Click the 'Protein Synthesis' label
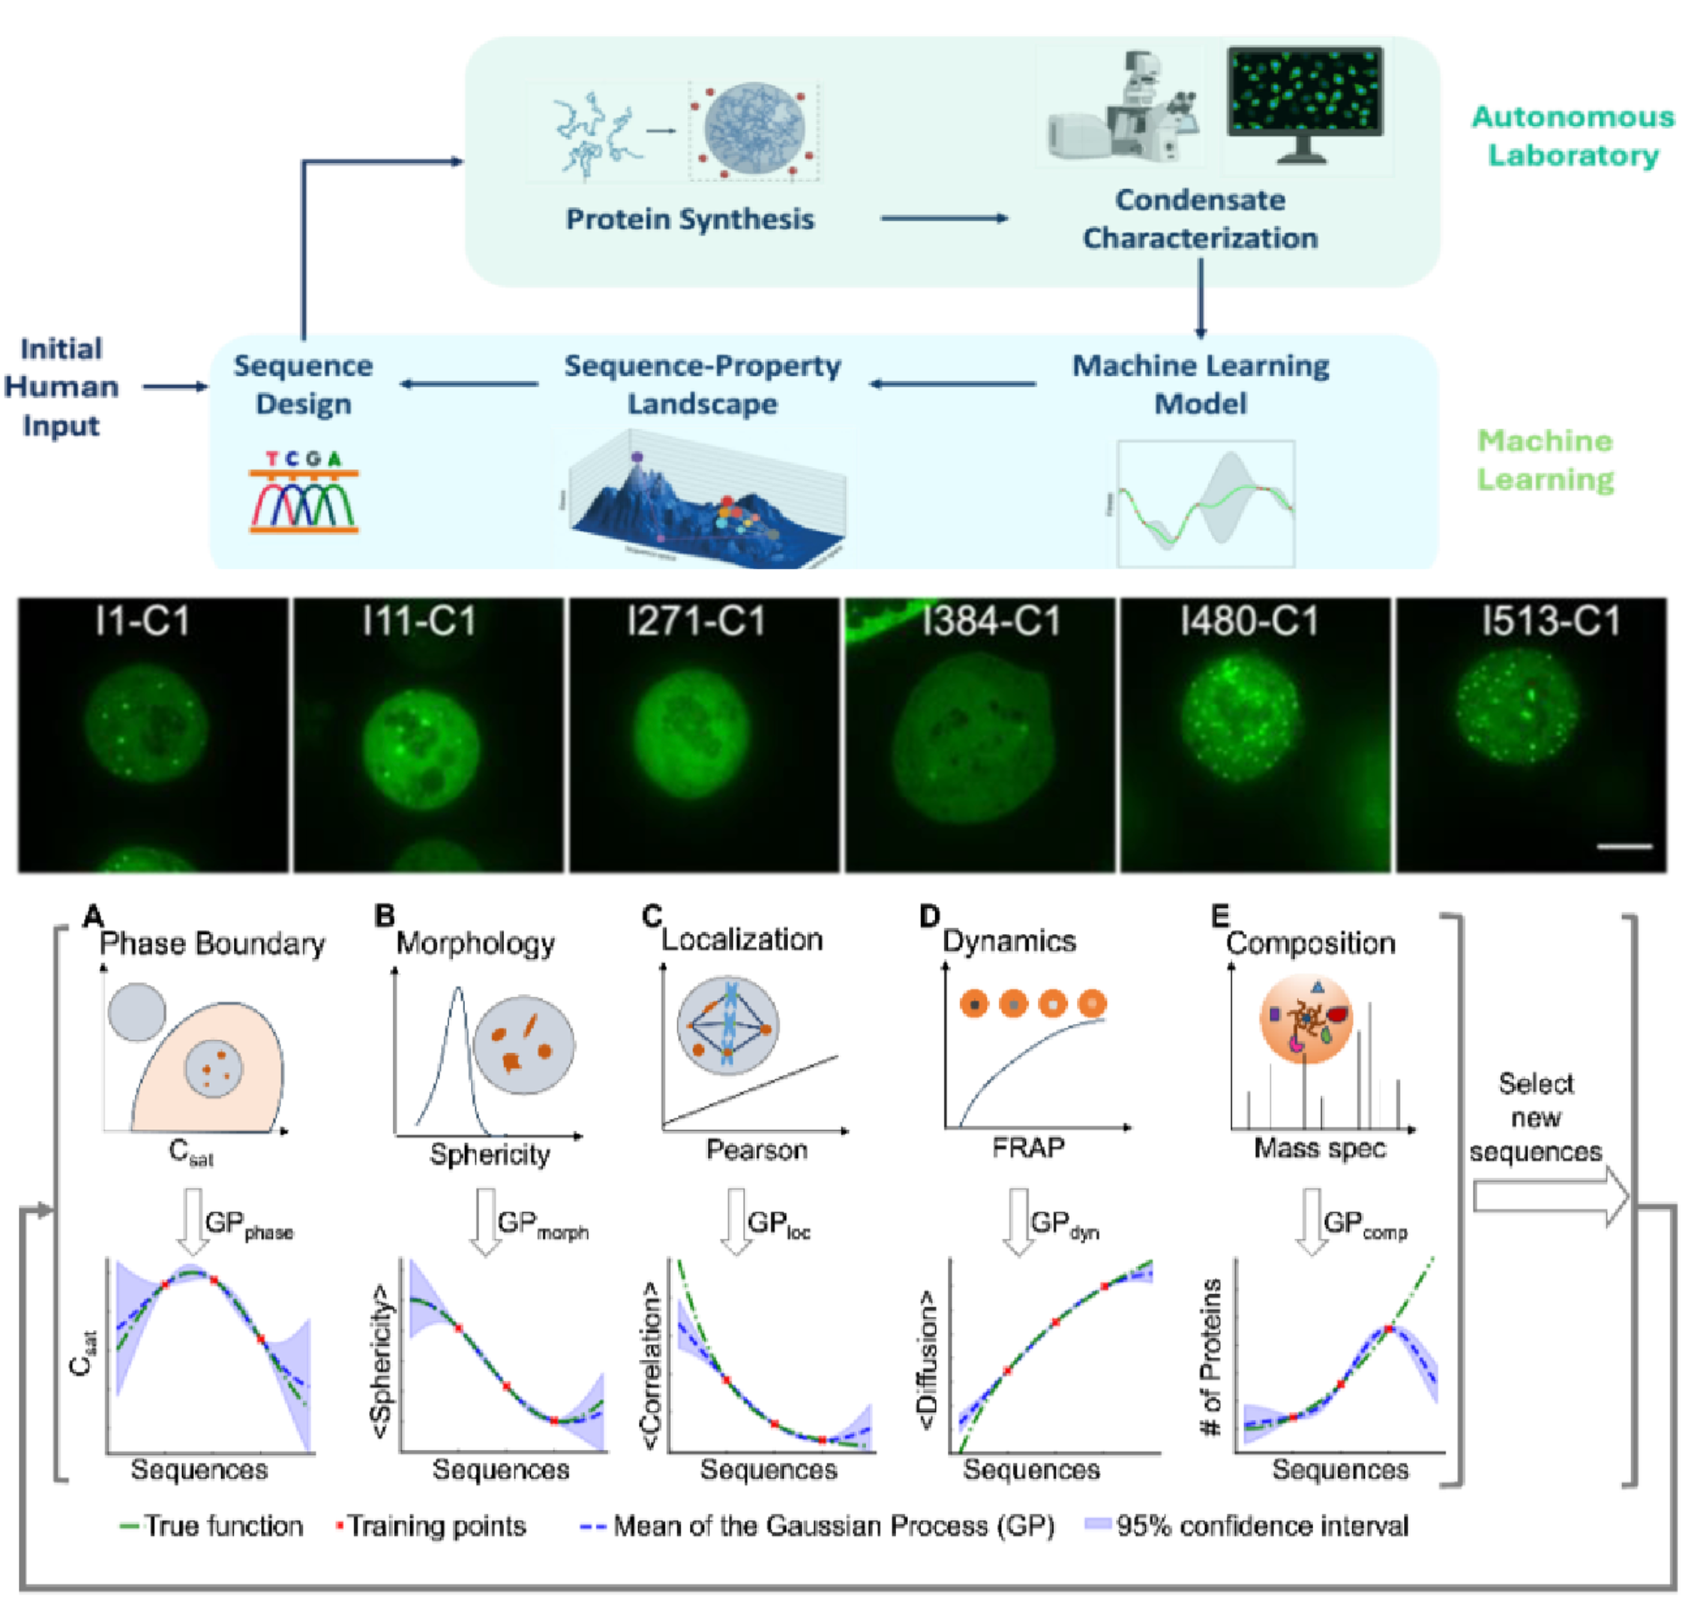coord(689,220)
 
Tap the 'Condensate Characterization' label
coord(1200,219)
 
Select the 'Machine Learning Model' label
coord(1201,384)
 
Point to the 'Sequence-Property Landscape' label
coord(703,384)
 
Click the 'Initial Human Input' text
coord(61,387)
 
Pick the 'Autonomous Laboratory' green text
coord(1573,136)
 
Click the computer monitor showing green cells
coord(1304,103)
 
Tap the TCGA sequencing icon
coord(304,492)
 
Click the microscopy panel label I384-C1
coord(991,622)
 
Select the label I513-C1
coord(1550,622)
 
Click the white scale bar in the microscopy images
coord(1624,847)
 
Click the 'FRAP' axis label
coord(1028,1148)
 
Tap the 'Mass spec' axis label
coord(1320,1148)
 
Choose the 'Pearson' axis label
coord(757,1149)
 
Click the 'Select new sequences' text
coord(1536,1118)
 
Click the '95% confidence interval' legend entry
coord(1261,1526)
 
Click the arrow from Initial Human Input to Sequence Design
coord(175,387)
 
